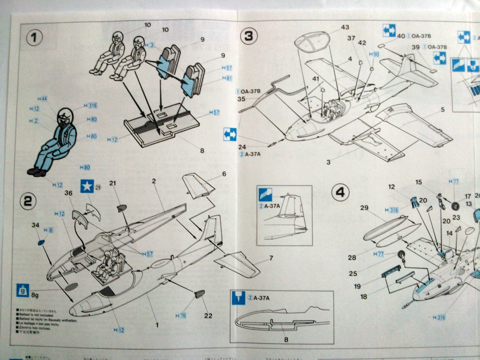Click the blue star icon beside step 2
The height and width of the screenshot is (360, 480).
coord(87,187)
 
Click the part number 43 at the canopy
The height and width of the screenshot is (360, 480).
coord(345,27)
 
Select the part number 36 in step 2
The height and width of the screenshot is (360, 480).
coord(69,193)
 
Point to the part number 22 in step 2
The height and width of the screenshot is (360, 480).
coord(208,315)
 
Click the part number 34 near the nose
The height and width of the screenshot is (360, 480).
coord(36,225)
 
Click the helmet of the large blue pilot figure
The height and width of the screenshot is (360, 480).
coord(66,115)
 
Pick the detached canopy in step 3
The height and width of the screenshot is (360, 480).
coord(312,41)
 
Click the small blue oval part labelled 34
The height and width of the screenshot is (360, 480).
coord(41,242)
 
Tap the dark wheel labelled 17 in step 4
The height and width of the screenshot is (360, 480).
coord(455,205)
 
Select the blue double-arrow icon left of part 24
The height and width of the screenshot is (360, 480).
coord(230,134)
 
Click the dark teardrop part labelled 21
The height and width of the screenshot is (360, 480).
coord(121,208)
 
